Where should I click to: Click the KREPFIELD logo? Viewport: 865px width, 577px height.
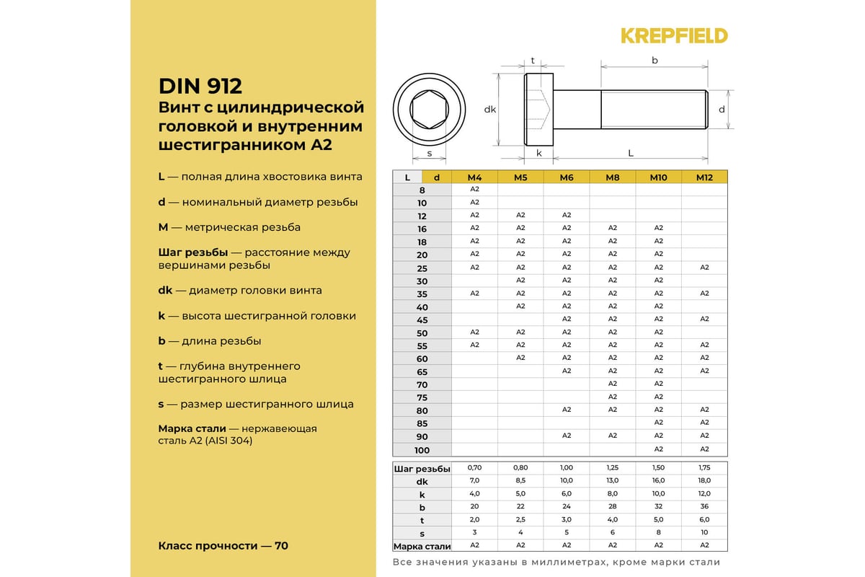[x=674, y=35]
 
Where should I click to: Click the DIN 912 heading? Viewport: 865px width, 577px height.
[x=200, y=87]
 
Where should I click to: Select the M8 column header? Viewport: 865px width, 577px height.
[x=612, y=177]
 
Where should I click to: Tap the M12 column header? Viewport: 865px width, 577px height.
[x=704, y=177]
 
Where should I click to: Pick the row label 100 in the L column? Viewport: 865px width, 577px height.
[x=422, y=450]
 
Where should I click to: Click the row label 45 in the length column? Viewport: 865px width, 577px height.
[x=422, y=320]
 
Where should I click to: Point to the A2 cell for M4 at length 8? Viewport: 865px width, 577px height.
[x=474, y=189]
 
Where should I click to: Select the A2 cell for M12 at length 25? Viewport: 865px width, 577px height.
[x=704, y=268]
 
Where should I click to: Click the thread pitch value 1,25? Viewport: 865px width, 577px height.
[x=612, y=468]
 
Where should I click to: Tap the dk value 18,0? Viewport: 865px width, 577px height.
[x=704, y=480]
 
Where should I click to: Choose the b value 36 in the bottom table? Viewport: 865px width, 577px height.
[x=704, y=507]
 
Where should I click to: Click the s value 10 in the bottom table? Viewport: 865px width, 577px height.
[x=704, y=533]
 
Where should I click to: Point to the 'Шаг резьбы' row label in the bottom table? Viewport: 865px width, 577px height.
[x=422, y=469]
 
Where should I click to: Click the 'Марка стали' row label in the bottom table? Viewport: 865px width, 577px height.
[x=422, y=546]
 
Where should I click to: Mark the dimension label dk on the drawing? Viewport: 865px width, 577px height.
[x=490, y=110]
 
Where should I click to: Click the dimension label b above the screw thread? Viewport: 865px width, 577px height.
[x=655, y=61]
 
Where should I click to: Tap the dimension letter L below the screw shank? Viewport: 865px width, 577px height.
[x=631, y=153]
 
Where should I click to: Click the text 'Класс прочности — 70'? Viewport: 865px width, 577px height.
[x=223, y=546]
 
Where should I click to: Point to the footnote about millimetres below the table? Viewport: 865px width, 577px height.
[x=556, y=563]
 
